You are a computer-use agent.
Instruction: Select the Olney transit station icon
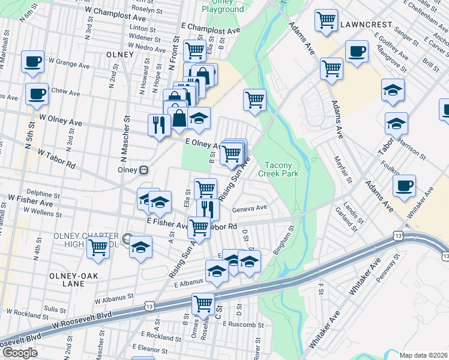[144, 170]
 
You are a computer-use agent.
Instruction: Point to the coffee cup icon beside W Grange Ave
[32, 61]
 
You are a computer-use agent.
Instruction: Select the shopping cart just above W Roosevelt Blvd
[203, 304]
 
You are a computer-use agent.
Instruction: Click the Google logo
[19, 353]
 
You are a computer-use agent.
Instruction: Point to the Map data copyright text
[423, 355]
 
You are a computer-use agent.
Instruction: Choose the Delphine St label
[40, 193]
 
